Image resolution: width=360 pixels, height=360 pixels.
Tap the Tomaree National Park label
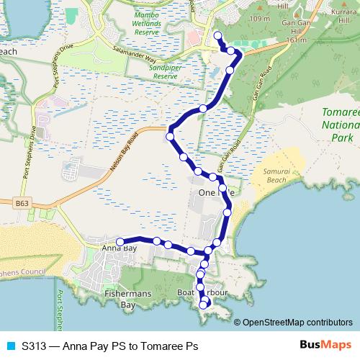click(339, 120)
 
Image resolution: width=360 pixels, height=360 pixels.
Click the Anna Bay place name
click(119, 249)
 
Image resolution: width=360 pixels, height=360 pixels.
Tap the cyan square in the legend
click(9, 346)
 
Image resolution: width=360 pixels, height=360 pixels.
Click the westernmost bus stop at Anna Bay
click(121, 242)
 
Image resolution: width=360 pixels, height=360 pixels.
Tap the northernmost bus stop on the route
click(218, 35)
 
